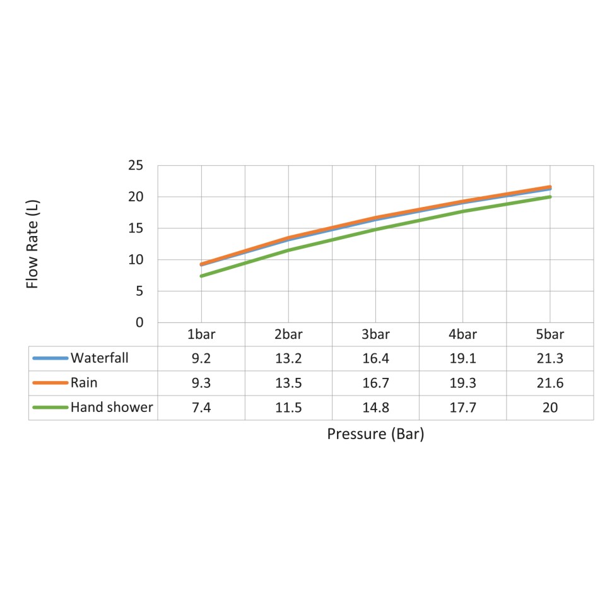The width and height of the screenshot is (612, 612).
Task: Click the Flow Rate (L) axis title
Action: coord(33,244)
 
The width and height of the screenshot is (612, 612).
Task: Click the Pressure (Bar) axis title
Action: coord(375,434)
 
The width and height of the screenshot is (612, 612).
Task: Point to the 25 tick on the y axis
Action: coord(136,166)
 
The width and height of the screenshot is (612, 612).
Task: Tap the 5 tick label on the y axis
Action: coord(140,291)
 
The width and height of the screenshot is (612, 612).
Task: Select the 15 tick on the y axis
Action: coord(136,228)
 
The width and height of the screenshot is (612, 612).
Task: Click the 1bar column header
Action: coord(201,334)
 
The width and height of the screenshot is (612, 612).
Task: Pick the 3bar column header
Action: coord(375,334)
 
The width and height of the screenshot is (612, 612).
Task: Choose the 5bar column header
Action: coord(550,334)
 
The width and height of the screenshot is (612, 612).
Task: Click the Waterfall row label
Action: coord(100,358)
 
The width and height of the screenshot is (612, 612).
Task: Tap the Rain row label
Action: coord(84,383)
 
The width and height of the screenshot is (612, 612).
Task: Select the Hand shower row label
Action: coord(112,408)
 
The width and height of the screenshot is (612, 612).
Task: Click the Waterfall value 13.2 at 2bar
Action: coord(288,358)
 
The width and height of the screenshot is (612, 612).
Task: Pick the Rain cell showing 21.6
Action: coord(550,383)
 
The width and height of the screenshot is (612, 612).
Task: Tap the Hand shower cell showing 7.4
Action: coord(201,408)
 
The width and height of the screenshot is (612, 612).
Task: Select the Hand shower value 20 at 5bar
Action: coord(550,408)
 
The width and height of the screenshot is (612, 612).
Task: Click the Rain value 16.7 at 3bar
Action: coord(375,383)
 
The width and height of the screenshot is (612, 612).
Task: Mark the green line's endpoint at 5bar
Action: coord(550,197)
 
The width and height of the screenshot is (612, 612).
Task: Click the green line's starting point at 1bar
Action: coord(201,276)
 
